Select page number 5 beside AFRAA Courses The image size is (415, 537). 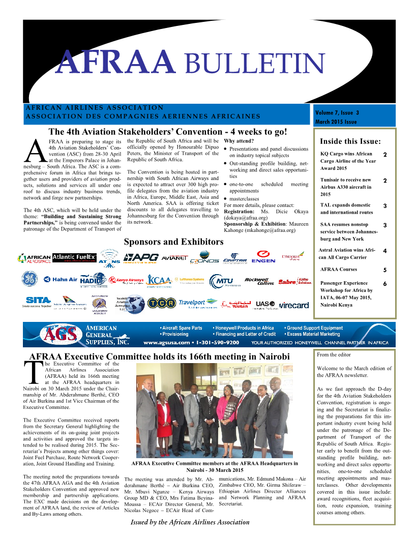click(385, 271)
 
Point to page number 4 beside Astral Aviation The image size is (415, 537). click(385, 251)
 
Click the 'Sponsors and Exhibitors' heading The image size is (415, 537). click(173, 242)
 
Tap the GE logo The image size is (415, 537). click(29, 279)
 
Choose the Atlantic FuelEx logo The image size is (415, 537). click(74, 257)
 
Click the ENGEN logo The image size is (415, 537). click(263, 257)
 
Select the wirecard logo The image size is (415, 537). click(293, 305)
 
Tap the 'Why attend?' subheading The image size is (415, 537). click(239, 141)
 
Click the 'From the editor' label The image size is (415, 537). click(334, 355)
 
